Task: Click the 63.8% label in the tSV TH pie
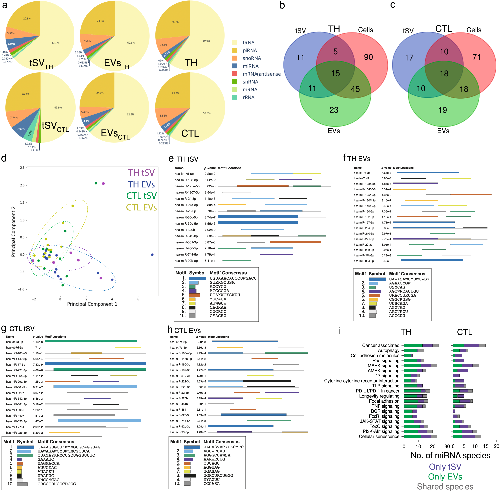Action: tap(56, 43)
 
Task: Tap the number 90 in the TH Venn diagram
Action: tap(368, 57)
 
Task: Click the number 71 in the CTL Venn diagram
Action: tap(476, 57)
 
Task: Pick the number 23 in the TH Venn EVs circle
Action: tap(334, 110)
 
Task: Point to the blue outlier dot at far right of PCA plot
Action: tap(152, 255)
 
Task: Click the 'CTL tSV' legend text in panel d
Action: tap(141, 196)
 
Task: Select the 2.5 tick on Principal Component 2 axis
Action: tap(22, 168)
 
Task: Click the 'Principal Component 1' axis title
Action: tap(92, 304)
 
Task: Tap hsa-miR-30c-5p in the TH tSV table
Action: tap(186, 217)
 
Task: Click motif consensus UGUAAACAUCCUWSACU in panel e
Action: tap(233, 278)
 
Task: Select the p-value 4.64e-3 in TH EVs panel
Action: tap(386, 173)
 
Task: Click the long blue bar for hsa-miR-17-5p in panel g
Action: tap(95, 364)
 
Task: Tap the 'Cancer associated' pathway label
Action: tap(380, 345)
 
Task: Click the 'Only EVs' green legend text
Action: tap(445, 477)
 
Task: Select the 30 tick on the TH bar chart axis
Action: tap(447, 446)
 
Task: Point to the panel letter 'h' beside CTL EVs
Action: tap(170, 330)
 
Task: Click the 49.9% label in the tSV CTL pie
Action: tap(58, 108)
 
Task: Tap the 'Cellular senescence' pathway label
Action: tap(379, 436)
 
